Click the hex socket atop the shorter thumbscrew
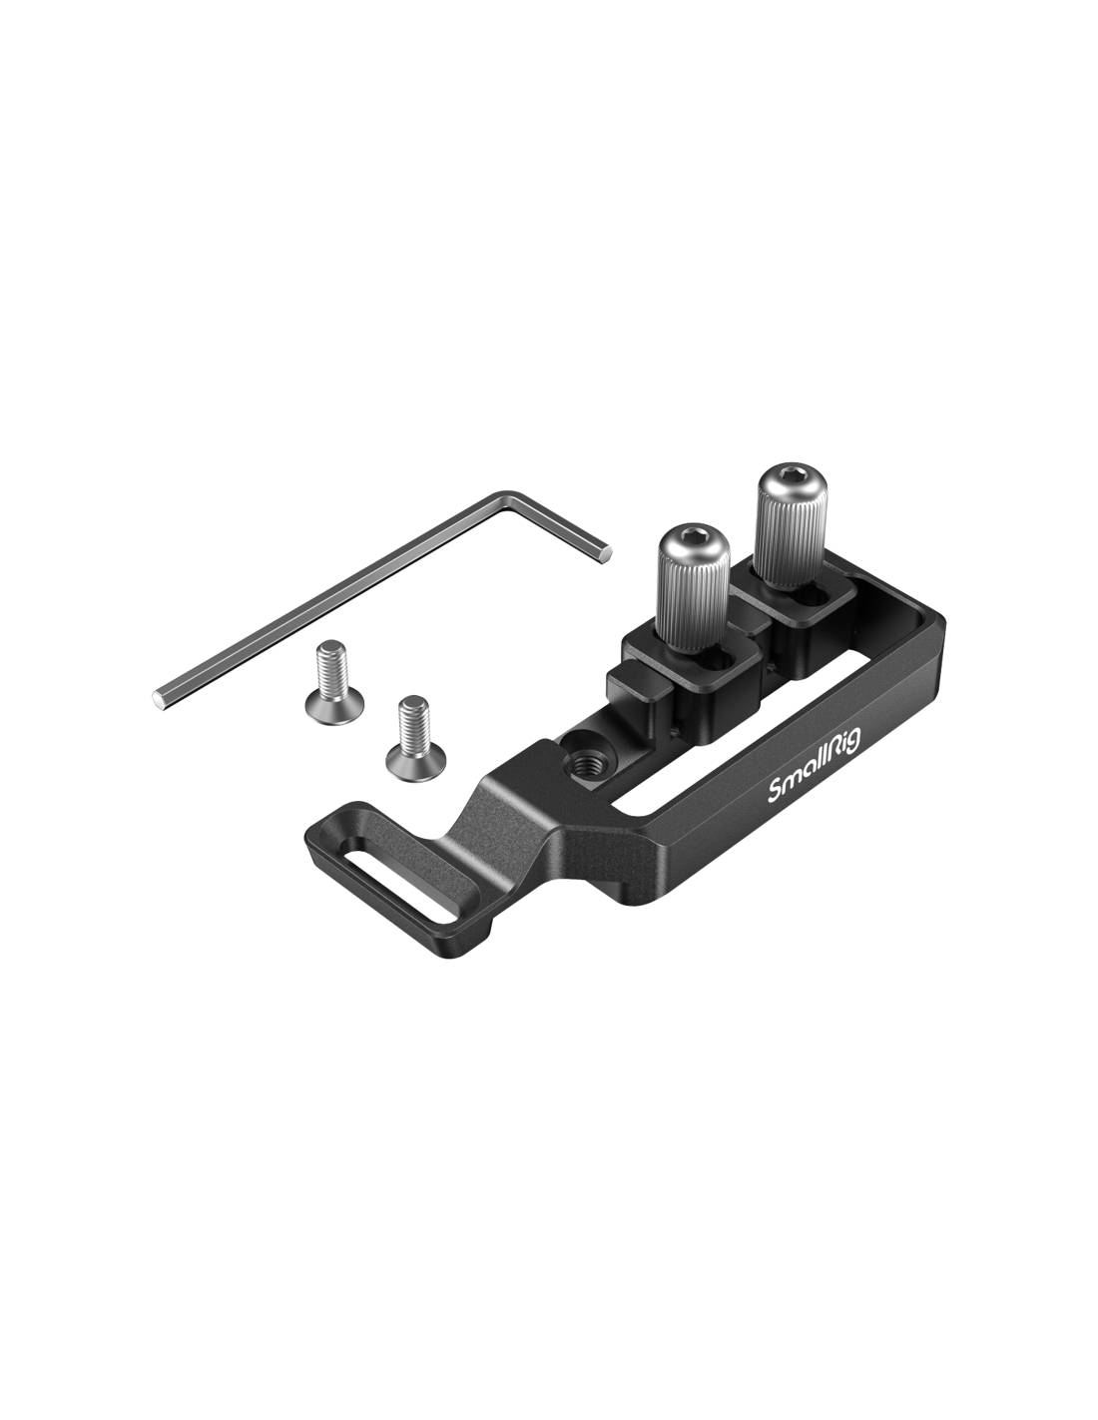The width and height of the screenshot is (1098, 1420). pos(685,535)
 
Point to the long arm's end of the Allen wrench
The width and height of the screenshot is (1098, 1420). pos(161,700)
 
